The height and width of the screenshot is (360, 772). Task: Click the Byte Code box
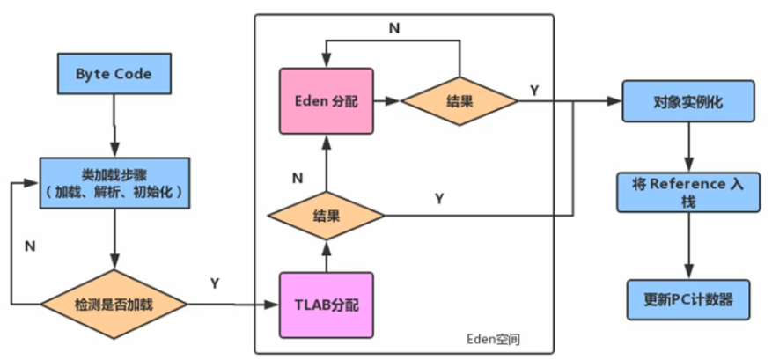(x=114, y=73)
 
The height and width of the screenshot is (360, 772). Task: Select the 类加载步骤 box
(x=114, y=183)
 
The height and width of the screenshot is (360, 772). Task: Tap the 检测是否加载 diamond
(x=114, y=305)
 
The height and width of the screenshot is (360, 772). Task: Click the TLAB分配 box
(x=326, y=305)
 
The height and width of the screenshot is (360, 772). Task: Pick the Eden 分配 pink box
(x=326, y=101)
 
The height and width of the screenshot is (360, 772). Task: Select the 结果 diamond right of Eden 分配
(x=460, y=101)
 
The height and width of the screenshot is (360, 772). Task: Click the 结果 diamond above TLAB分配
(x=326, y=216)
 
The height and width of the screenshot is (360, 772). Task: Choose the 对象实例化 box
(x=688, y=101)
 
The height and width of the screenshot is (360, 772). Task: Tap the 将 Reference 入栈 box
(x=688, y=193)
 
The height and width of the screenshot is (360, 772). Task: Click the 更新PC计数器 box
(x=688, y=299)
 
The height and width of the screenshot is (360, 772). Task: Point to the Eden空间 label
(x=493, y=340)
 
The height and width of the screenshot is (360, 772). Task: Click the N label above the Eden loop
(x=394, y=28)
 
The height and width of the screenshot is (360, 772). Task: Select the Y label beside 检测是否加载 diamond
(x=215, y=283)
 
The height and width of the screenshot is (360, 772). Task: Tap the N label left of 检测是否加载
(x=30, y=246)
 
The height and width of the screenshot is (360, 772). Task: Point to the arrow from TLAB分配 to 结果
(x=326, y=256)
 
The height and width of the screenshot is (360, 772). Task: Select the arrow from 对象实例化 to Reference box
(x=688, y=147)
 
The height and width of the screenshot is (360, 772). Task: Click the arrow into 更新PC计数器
(x=688, y=246)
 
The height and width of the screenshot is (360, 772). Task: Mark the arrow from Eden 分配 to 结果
(x=387, y=101)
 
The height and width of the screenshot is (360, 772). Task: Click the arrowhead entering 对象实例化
(x=616, y=101)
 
